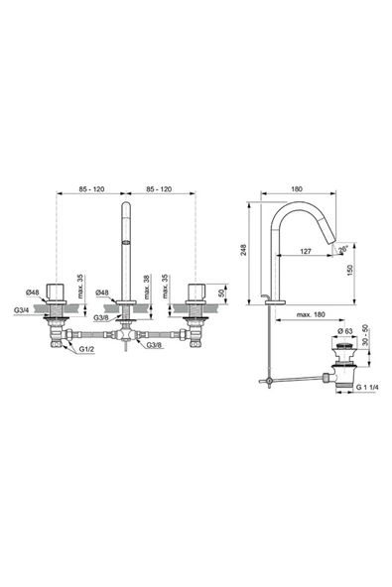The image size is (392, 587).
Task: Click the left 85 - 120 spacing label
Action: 92,185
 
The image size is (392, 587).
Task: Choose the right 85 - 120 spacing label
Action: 161,185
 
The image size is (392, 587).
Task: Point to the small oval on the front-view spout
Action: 126,241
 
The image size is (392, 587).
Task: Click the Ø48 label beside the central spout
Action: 102,293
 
